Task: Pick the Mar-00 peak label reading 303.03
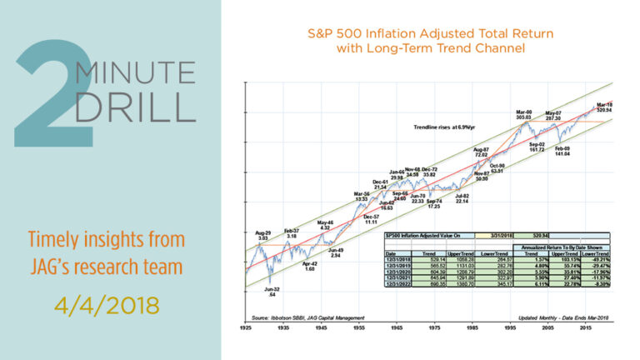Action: pyautogui.click(x=523, y=115)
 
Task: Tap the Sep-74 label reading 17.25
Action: pyautogui.click(x=432, y=202)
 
